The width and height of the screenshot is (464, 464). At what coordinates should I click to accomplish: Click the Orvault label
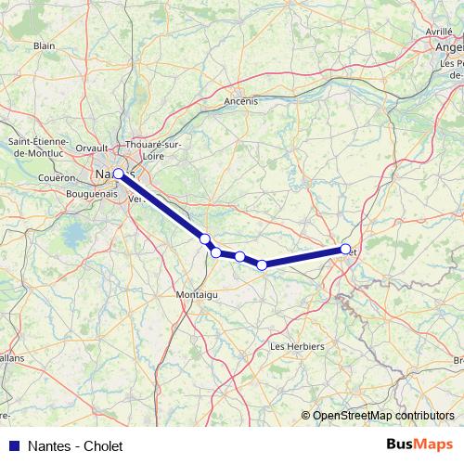[x=92, y=148]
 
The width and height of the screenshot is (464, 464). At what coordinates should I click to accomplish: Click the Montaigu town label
[x=196, y=294]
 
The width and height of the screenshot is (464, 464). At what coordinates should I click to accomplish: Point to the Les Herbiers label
[x=296, y=346]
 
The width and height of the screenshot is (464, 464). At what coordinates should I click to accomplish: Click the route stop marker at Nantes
[x=119, y=174]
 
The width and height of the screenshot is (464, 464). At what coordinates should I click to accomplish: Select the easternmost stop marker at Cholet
[x=345, y=249]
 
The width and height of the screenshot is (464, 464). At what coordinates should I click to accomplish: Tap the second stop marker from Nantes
[x=205, y=239]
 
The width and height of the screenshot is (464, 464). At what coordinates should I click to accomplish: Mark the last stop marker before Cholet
[x=262, y=265]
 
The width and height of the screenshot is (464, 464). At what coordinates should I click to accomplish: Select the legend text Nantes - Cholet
[x=75, y=446]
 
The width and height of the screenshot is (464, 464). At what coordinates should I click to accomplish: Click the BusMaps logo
[x=419, y=445]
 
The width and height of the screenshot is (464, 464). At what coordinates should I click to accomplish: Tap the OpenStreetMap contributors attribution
[x=383, y=416]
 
